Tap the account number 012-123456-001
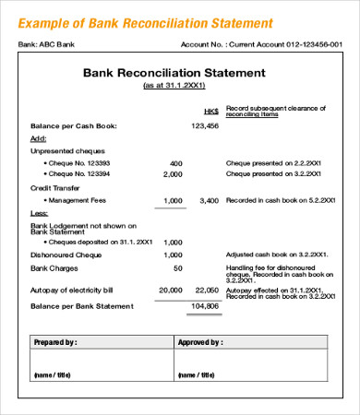tap(306, 42)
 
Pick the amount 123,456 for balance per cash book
tap(205, 125)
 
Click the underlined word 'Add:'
tap(39, 137)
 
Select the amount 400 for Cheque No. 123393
tap(175, 163)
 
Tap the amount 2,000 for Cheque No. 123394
tap(172, 173)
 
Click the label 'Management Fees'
tap(73, 200)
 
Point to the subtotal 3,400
tap(209, 200)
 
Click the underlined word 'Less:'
tap(40, 212)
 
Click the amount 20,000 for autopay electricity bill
tap(170, 289)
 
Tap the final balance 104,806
tap(205, 305)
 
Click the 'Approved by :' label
tap(203, 342)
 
